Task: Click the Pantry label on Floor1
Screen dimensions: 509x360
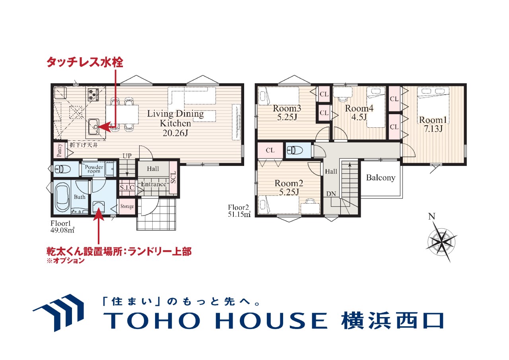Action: [x=60, y=150]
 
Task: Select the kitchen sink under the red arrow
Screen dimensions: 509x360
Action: [x=93, y=126]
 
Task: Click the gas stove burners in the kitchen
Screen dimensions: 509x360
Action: [x=93, y=95]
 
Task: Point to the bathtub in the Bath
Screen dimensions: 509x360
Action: [x=63, y=197]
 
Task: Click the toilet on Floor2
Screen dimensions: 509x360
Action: [x=295, y=150]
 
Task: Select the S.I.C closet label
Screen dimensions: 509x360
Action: [x=127, y=187]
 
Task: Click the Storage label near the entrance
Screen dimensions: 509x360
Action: [x=127, y=206]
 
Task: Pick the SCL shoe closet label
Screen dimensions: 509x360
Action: [x=173, y=177]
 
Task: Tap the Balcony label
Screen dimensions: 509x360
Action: [x=381, y=177]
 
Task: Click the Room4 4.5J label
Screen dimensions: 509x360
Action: [x=359, y=113]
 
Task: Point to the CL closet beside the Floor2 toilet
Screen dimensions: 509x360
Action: [x=270, y=150]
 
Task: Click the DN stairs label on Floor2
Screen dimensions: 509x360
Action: [x=331, y=194]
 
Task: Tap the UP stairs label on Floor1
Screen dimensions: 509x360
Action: [x=127, y=156]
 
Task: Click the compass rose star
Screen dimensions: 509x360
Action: [x=441, y=241]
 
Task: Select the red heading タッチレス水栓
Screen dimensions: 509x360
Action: [x=85, y=62]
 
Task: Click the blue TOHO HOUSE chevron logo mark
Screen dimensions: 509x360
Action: [x=58, y=313]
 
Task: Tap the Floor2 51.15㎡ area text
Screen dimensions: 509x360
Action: [x=239, y=211]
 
